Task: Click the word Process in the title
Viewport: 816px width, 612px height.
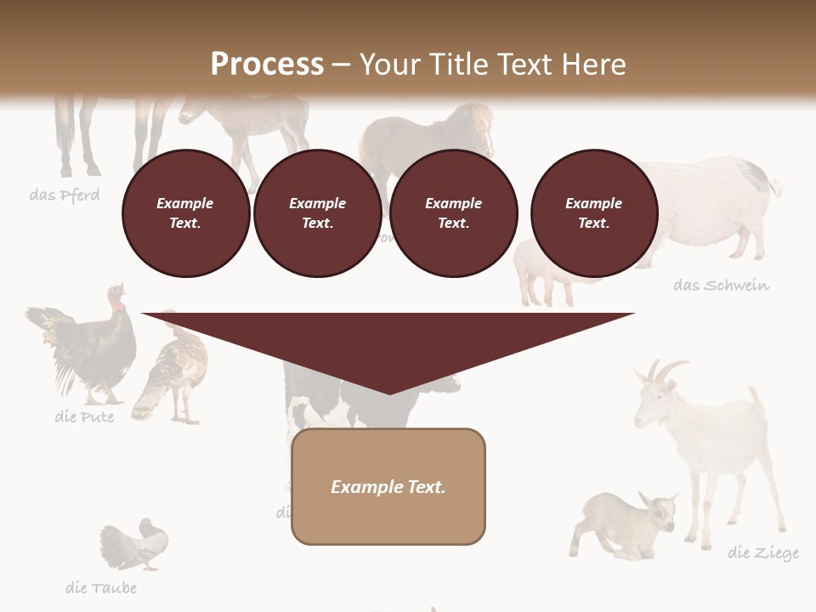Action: click(267, 65)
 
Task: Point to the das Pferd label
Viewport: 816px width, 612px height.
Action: click(65, 195)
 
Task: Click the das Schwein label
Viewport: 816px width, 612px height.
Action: click(721, 286)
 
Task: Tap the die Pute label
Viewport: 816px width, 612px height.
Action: click(84, 416)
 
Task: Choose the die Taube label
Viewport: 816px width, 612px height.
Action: click(100, 587)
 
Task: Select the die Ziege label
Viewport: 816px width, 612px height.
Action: click(763, 553)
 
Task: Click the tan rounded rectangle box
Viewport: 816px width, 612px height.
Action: click(388, 486)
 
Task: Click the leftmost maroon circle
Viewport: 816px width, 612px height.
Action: click(185, 213)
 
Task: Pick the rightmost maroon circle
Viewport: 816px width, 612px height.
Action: click(594, 213)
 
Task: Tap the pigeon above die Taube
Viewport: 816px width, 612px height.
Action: click(136, 544)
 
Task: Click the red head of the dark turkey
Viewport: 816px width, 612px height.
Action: click(116, 298)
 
